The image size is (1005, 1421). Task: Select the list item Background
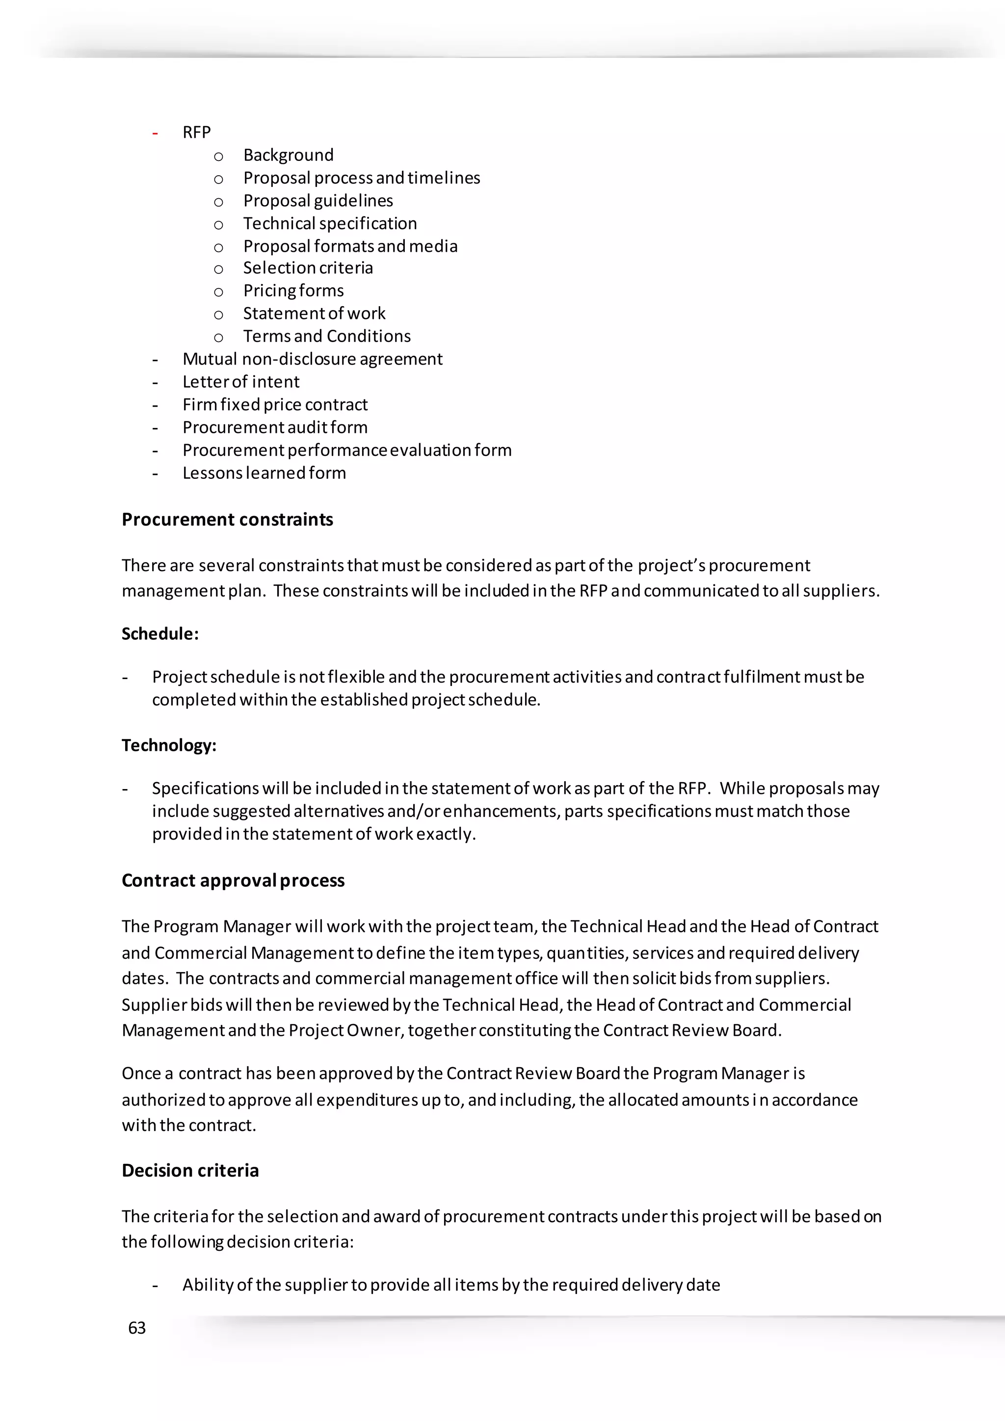(289, 155)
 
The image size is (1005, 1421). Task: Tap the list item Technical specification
(330, 223)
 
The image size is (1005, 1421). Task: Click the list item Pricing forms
(293, 291)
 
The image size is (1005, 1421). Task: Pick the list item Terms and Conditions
(327, 336)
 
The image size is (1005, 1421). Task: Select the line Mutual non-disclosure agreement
(313, 359)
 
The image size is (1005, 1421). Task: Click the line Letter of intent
(241, 382)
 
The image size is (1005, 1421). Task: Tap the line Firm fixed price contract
(275, 405)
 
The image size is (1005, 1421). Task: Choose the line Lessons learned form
(264, 473)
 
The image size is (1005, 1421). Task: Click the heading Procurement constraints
(227, 519)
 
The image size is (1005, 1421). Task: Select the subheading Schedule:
(159, 634)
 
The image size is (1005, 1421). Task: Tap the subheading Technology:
(169, 745)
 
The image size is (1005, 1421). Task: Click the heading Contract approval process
(233, 880)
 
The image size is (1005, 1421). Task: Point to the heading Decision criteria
(190, 1170)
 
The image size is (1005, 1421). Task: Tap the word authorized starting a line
(163, 1100)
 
